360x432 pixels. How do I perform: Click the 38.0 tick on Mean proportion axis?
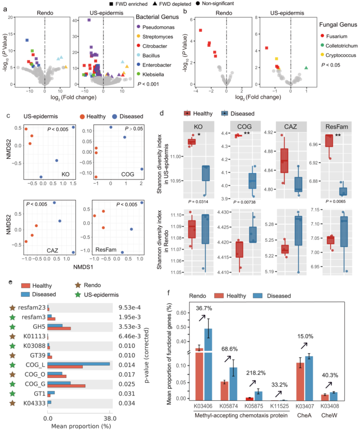pos(110,418)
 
